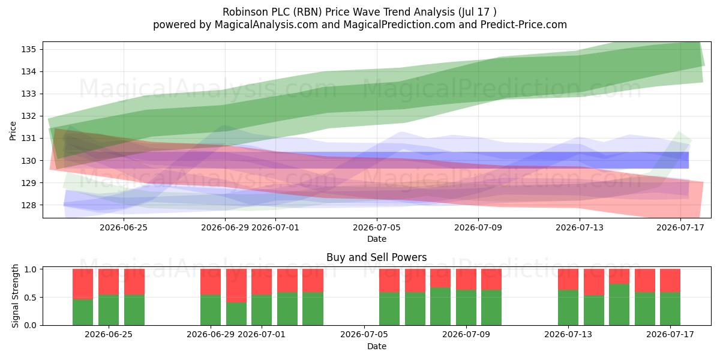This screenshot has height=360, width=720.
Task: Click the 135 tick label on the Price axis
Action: [x=28, y=49]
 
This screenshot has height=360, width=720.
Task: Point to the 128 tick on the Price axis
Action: [x=28, y=205]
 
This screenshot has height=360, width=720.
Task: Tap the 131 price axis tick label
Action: [x=28, y=138]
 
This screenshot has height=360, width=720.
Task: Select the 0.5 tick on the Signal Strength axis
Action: [x=30, y=298]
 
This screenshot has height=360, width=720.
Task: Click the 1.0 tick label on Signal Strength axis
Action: [x=30, y=269]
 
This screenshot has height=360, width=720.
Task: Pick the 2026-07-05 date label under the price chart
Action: [x=377, y=227]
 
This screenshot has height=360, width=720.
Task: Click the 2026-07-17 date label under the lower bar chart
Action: [x=670, y=334]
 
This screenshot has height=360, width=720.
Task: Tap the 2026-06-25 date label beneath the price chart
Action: [x=124, y=227]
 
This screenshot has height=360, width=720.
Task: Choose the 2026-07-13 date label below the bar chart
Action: [x=568, y=334]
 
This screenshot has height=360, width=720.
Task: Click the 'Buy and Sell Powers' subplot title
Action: [x=377, y=257]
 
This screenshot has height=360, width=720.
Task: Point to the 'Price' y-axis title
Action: [x=13, y=131]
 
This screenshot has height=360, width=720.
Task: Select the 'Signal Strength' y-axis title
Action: [x=15, y=296]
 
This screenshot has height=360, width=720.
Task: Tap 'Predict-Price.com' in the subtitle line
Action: [x=524, y=25]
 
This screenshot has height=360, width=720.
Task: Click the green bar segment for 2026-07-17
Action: [x=670, y=308]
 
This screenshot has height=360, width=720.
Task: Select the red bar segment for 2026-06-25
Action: [x=109, y=282]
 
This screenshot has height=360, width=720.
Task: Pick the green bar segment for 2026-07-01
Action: [x=262, y=310]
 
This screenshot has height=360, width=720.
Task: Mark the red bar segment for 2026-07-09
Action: [x=466, y=280]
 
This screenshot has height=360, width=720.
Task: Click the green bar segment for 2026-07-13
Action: [x=568, y=308]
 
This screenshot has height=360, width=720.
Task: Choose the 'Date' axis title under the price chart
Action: [x=377, y=239]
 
